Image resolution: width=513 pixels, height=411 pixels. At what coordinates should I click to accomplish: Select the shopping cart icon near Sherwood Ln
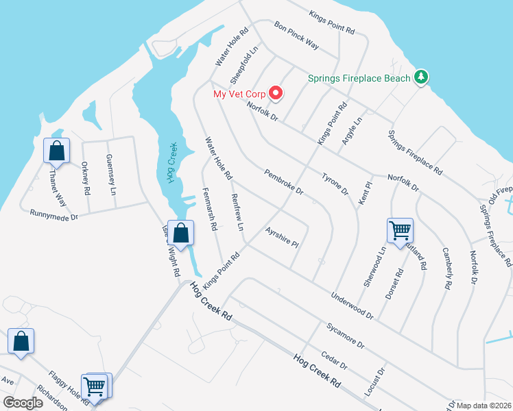pyautogui.click(x=399, y=231)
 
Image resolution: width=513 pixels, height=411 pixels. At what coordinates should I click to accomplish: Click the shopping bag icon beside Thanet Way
pyautogui.click(x=56, y=150)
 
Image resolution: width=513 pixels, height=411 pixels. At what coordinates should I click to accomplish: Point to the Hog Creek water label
pyautogui.click(x=171, y=162)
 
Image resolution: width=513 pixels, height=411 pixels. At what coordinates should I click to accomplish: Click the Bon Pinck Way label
pyautogui.click(x=296, y=35)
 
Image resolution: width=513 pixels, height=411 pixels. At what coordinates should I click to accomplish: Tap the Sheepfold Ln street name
pyautogui.click(x=249, y=62)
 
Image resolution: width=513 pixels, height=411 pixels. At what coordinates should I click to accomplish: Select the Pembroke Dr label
pyautogui.click(x=283, y=182)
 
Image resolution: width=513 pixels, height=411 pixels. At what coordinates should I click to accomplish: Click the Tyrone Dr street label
pyautogui.click(x=335, y=184)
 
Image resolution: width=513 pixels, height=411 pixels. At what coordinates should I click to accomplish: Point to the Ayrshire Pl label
pyautogui.click(x=283, y=238)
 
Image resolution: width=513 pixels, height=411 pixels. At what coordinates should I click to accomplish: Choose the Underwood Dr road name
pyautogui.click(x=351, y=306)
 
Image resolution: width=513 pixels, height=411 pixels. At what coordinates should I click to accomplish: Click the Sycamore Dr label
pyautogui.click(x=345, y=335)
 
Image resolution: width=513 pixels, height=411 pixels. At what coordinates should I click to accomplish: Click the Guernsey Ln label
pyautogui.click(x=111, y=171)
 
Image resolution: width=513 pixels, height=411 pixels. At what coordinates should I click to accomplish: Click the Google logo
pyautogui.click(x=23, y=403)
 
